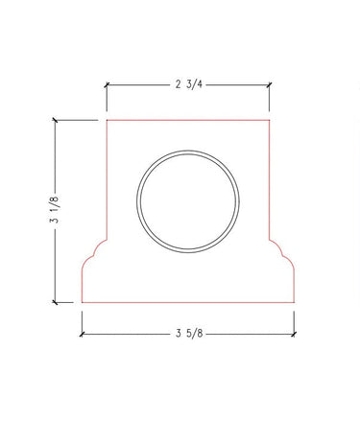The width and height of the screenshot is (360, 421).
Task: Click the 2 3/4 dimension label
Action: tap(189, 84)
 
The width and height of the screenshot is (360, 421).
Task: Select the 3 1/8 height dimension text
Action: tap(54, 209)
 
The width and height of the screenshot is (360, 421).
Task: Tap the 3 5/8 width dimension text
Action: tap(189, 334)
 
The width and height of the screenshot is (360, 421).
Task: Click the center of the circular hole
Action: tap(188, 201)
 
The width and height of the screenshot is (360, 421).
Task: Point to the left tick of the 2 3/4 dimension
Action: tap(107, 84)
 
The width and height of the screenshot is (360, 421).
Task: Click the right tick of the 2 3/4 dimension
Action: tap(270, 84)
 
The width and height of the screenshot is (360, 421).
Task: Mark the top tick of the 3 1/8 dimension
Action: tap(56, 120)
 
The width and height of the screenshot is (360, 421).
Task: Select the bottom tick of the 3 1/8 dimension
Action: tap(56, 302)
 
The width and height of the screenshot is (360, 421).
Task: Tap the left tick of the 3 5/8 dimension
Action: tap(82, 335)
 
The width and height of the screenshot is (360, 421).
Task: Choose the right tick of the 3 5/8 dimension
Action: tap(294, 335)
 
